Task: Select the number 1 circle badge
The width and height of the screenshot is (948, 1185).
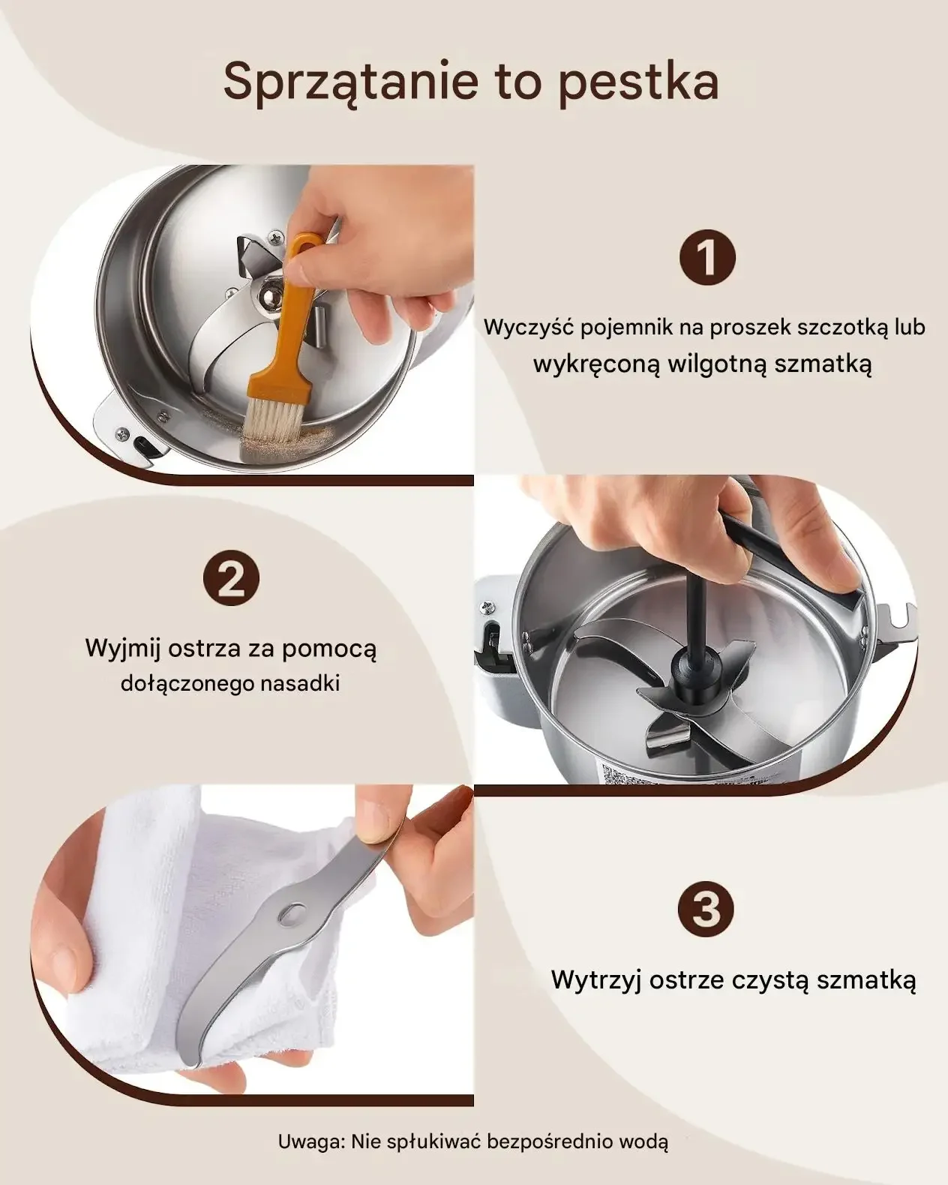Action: tap(707, 258)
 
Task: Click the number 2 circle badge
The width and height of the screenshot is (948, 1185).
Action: tap(231, 578)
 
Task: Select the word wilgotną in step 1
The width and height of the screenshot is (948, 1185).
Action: tap(717, 365)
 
